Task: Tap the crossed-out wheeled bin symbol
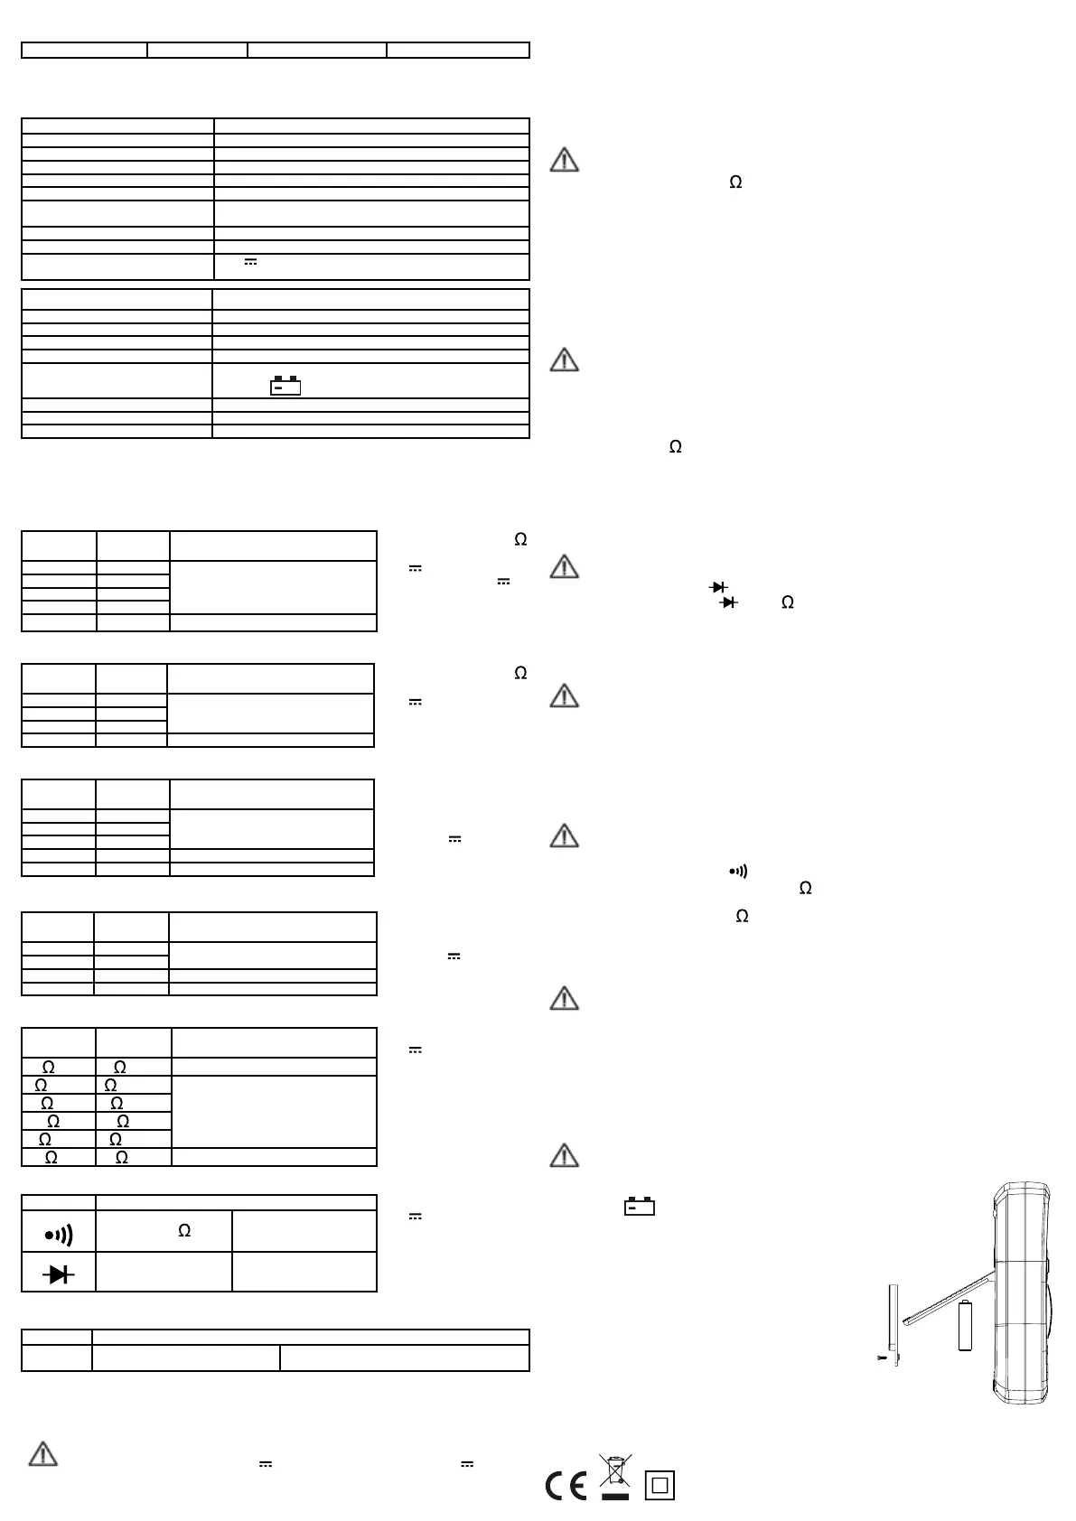point(615,1471)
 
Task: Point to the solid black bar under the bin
point(615,1498)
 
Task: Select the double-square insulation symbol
point(660,1486)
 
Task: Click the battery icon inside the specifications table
point(285,386)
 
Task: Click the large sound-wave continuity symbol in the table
point(59,1234)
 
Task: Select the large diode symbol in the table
point(59,1274)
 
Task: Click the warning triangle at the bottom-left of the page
point(43,1454)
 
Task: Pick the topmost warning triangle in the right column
point(564,161)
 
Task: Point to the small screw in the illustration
point(884,1358)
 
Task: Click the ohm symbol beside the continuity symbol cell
point(184,1230)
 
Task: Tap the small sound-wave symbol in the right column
point(738,872)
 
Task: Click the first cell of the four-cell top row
point(84,50)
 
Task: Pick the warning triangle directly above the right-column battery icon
point(564,1155)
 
